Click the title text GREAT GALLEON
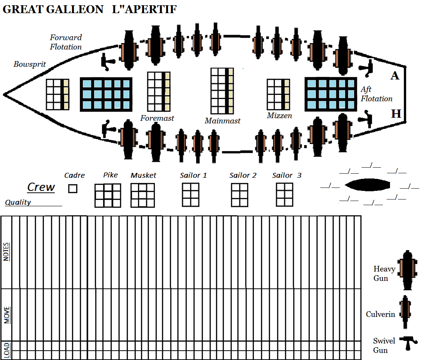(53, 9)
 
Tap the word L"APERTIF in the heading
(144, 9)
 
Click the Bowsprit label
(30, 64)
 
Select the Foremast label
(157, 118)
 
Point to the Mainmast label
(222, 121)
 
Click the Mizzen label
(279, 115)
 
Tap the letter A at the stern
(395, 76)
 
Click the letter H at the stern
(396, 114)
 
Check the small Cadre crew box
(73, 188)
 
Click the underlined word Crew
(41, 187)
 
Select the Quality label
(18, 202)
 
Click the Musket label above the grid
(143, 175)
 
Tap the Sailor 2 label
(243, 175)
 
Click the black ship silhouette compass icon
(367, 184)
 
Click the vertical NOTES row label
(6, 252)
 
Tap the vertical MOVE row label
(7, 315)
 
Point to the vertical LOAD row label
(7, 350)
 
